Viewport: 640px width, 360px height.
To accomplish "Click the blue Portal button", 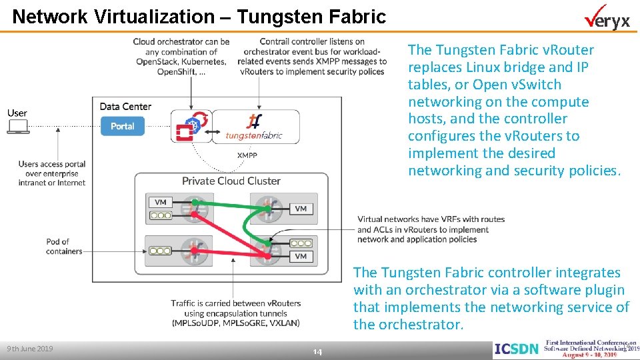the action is [122, 126].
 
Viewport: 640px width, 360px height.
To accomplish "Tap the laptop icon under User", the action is [17, 127].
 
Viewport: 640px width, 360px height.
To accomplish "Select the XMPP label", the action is [247, 155].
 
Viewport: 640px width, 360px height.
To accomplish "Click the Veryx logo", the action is [607, 19].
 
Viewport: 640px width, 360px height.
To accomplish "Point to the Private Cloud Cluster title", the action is [231, 181].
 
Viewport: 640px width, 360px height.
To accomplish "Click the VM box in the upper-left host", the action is [161, 202].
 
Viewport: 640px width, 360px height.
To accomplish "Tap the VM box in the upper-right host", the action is [301, 209].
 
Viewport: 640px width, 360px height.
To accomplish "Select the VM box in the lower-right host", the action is [301, 256].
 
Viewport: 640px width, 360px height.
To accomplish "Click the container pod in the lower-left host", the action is [161, 251].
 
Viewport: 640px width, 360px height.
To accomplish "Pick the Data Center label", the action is [125, 107].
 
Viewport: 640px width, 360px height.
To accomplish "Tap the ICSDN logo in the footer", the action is [515, 349].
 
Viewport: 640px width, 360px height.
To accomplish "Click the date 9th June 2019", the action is [30, 349].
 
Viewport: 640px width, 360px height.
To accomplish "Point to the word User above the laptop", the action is [17, 113].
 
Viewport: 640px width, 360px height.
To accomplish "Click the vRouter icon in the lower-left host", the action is [195, 251].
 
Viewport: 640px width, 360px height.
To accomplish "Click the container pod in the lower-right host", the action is [301, 243].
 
